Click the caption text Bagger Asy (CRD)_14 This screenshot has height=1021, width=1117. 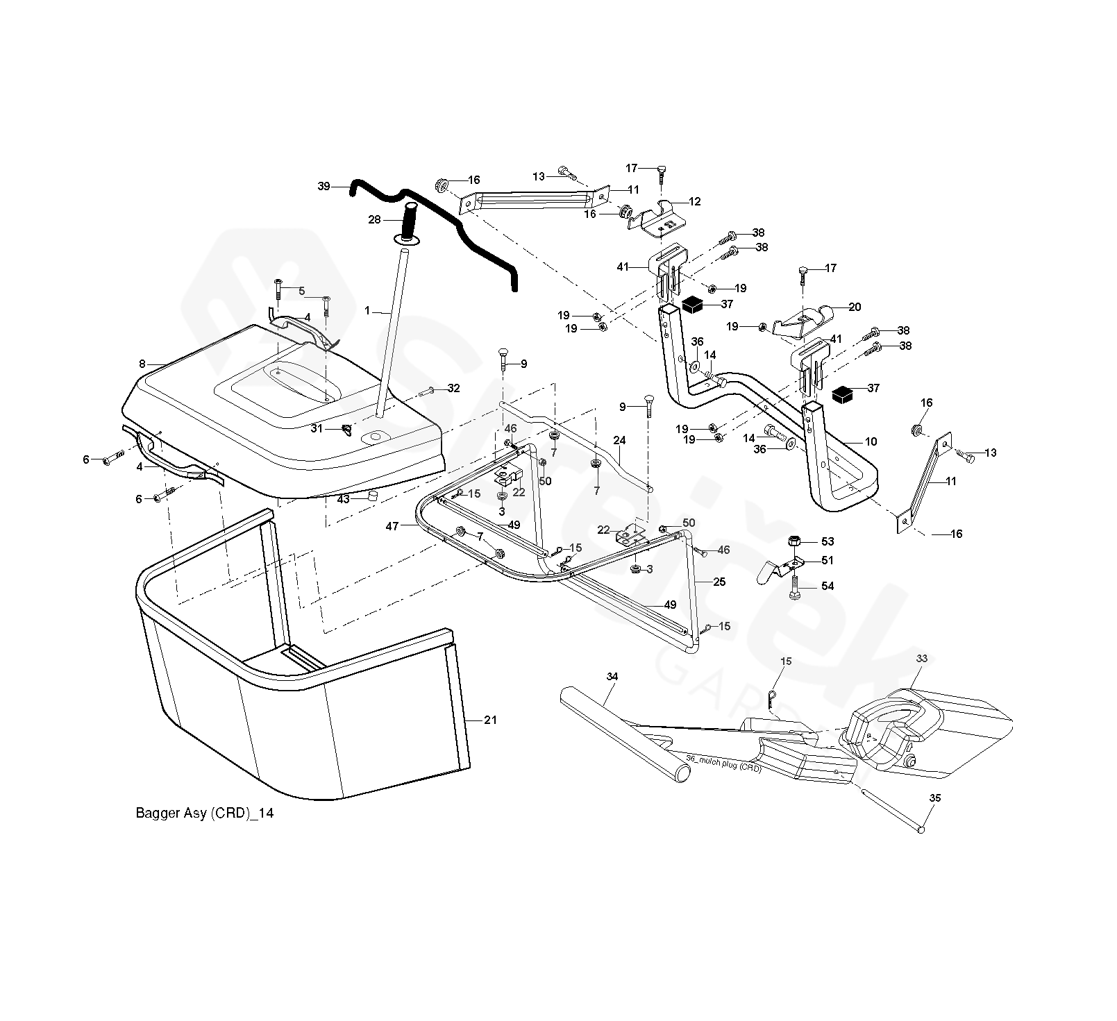(x=204, y=813)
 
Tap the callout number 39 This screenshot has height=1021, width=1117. (x=324, y=187)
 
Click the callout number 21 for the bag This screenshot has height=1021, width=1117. (x=490, y=720)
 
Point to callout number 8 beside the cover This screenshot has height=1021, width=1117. (x=142, y=364)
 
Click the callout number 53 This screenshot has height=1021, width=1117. (x=827, y=541)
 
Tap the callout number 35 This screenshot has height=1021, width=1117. (x=934, y=799)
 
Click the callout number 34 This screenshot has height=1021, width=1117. (x=612, y=676)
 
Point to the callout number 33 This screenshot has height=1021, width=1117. (x=922, y=658)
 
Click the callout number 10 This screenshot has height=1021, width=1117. (x=871, y=441)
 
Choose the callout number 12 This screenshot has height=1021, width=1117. (x=695, y=202)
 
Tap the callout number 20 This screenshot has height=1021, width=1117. (x=854, y=307)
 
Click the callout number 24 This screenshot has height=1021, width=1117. (x=619, y=440)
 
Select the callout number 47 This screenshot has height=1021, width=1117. (x=392, y=526)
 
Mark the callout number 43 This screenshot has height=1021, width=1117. (x=343, y=500)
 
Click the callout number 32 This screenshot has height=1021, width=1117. (x=453, y=389)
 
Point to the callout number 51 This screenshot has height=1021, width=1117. (x=827, y=561)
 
